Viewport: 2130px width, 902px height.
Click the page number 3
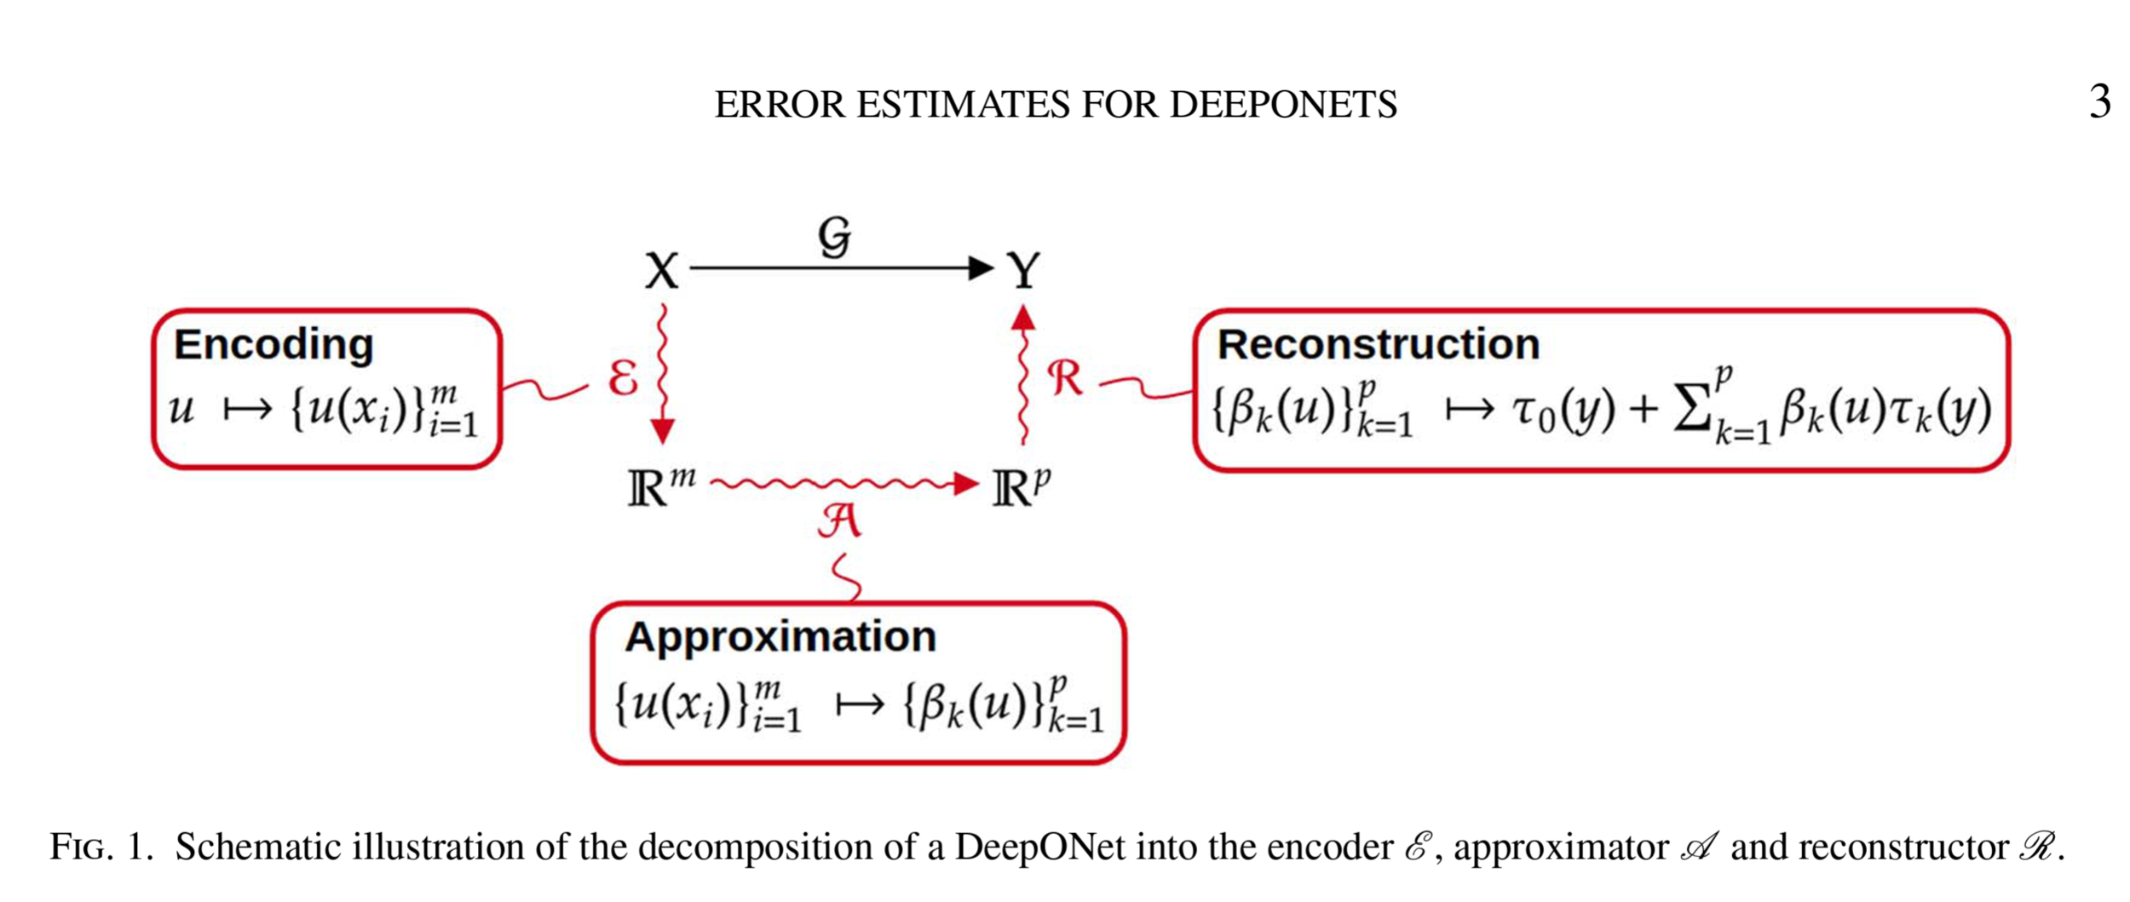(2099, 101)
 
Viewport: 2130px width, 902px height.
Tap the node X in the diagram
(661, 271)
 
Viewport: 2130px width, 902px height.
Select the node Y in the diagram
(1023, 270)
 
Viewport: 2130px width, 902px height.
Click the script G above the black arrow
(834, 236)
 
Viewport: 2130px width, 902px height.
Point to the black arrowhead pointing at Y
(981, 268)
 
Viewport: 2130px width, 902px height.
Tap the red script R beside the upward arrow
(1065, 377)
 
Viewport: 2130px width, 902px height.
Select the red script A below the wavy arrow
(839, 520)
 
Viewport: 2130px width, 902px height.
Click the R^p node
(1021, 487)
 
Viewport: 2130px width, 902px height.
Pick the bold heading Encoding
(273, 345)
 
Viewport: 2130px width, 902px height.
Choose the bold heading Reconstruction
(1378, 345)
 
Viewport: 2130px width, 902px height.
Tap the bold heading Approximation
(780, 637)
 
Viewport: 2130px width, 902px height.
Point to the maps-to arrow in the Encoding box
(247, 410)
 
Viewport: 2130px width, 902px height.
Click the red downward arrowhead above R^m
(663, 431)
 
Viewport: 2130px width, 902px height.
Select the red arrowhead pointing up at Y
(1023, 319)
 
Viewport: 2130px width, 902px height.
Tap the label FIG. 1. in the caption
(101, 847)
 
